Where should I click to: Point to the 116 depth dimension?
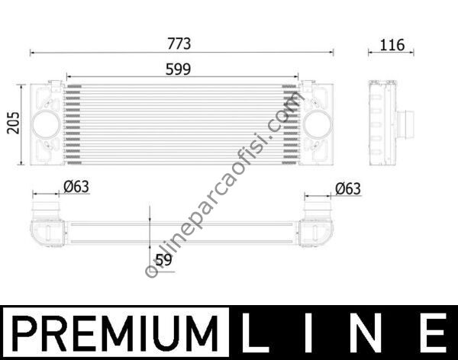(x=391, y=44)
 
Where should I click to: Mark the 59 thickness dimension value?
(x=163, y=259)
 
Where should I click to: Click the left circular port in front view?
(x=47, y=124)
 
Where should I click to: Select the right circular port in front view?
(x=314, y=124)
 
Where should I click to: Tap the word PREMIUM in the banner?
(x=114, y=334)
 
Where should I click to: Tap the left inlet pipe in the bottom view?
(x=45, y=207)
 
